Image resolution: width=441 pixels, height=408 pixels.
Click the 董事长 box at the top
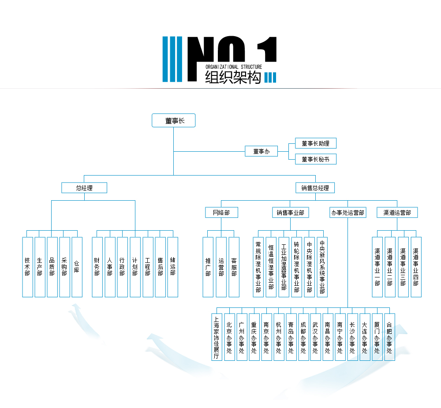tap(173, 120)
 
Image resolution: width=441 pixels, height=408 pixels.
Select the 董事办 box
tap(261, 151)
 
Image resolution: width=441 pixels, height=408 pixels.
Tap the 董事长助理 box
tap(315, 143)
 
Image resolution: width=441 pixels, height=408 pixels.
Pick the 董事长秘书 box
tap(315, 159)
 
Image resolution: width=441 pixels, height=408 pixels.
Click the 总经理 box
tap(84, 188)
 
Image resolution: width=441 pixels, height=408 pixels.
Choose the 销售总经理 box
tap(315, 188)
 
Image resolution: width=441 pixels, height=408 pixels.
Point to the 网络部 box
tap(221, 213)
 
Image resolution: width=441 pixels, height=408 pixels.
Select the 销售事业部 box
tap(290, 213)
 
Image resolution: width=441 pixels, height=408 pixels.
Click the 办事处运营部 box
tap(348, 213)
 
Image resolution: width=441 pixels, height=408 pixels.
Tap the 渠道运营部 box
tap(397, 213)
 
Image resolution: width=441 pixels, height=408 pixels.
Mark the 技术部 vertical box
tap(27, 267)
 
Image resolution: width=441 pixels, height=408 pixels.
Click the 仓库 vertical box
tap(77, 267)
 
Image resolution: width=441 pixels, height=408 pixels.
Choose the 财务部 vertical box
tap(97, 267)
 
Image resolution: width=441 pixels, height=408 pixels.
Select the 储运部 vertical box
tap(173, 267)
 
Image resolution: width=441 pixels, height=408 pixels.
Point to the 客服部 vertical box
tap(234, 267)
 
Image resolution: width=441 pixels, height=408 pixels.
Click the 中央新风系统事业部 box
tap(322, 267)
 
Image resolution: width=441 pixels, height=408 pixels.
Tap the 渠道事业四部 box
tap(416, 267)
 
